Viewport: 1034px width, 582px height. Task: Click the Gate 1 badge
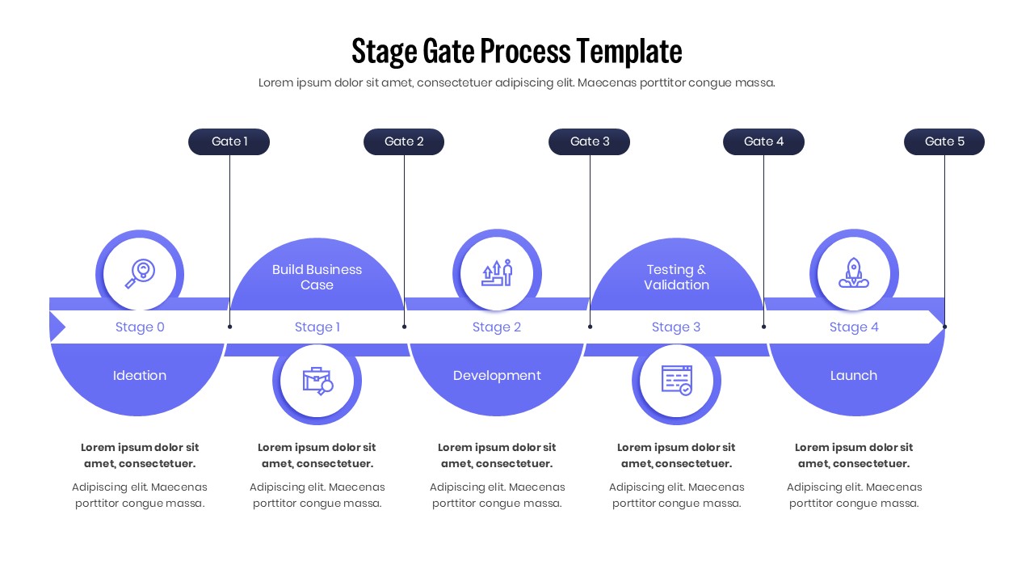[229, 141]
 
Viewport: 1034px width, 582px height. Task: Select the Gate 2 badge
[404, 141]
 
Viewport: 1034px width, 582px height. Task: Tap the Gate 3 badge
[589, 141]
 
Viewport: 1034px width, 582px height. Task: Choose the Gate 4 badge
[763, 141]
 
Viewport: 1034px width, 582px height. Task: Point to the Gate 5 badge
[944, 141]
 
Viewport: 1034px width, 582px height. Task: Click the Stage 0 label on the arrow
[140, 327]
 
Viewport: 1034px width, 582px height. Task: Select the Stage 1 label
[317, 327]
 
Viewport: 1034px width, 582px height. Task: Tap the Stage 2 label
[497, 327]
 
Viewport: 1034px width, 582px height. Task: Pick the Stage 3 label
[676, 327]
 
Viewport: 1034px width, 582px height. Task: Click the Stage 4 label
[854, 327]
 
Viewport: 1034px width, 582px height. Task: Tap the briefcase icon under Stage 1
[317, 381]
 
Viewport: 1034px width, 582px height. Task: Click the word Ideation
[140, 375]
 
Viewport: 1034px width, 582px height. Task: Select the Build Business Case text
[317, 277]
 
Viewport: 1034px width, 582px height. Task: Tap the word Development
[497, 375]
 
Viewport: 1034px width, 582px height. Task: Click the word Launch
[854, 375]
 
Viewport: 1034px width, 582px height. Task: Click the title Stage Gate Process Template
[517, 51]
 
